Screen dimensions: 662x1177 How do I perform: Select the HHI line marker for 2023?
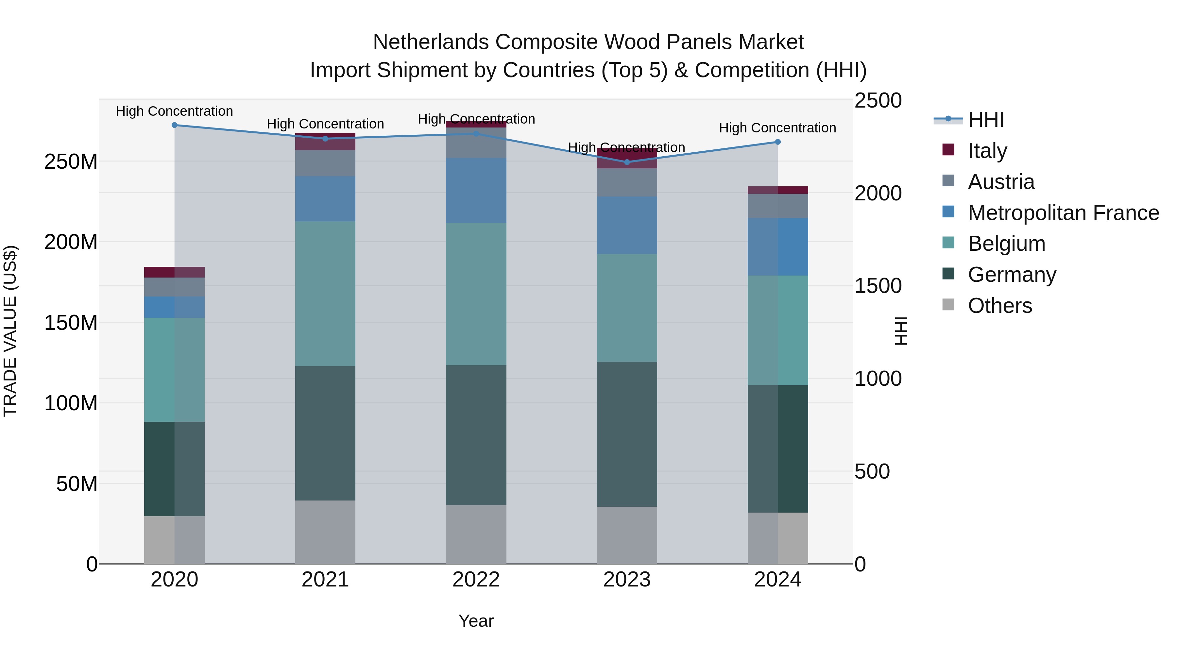click(627, 162)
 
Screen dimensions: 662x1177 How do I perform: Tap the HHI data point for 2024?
click(778, 142)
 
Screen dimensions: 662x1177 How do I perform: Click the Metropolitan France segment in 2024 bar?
click(778, 247)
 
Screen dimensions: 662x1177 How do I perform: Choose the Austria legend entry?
click(1001, 182)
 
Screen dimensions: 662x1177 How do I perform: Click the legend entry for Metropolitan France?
click(1063, 213)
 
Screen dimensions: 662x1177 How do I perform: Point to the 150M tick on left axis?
click(71, 323)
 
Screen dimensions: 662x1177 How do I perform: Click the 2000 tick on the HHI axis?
click(878, 193)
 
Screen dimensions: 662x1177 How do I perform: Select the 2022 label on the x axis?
click(476, 580)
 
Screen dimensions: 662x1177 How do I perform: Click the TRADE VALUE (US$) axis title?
click(10, 331)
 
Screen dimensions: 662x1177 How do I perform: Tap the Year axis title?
click(476, 621)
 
